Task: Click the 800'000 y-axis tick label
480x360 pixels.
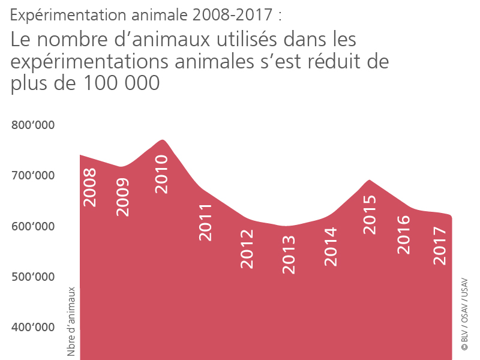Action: pos(33,125)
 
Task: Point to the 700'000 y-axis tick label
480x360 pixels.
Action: pos(33,176)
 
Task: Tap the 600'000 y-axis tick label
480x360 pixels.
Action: pos(33,226)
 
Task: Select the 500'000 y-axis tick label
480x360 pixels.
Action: pos(33,277)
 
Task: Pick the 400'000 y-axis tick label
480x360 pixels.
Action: pos(33,327)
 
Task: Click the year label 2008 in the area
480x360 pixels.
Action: pos(89,188)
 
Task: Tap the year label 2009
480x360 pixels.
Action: pos(122,197)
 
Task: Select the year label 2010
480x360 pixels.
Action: pos(161,174)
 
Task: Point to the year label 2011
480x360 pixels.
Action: pos(206,223)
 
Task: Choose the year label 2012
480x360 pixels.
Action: pos(247,248)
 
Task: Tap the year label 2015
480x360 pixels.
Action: pos(370,215)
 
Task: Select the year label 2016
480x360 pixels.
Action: pos(403,234)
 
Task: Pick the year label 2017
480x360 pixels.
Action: pos(440,246)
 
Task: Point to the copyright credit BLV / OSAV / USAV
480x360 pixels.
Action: pos(464,314)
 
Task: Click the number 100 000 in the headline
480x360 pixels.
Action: pos(117,83)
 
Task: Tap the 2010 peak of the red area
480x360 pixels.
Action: pos(162,140)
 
